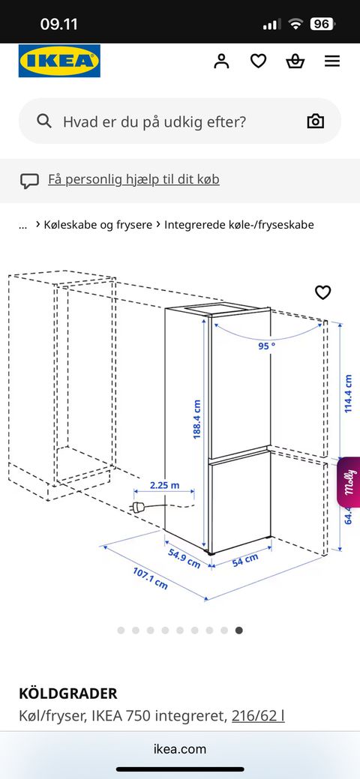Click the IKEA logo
pyautogui.click(x=59, y=61)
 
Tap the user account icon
pyautogui.click(x=221, y=61)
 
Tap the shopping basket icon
pyautogui.click(x=295, y=61)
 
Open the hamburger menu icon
pyautogui.click(x=332, y=61)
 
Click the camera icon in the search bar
pyautogui.click(x=315, y=121)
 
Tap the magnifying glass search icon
pyautogui.click(x=44, y=121)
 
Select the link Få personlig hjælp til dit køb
pyautogui.click(x=133, y=179)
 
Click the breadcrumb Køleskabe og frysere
pyautogui.click(x=98, y=225)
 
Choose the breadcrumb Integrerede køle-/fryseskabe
pyautogui.click(x=239, y=225)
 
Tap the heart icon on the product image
pyautogui.click(x=322, y=292)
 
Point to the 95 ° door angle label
pyautogui.click(x=266, y=346)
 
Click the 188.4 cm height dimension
pyautogui.click(x=197, y=420)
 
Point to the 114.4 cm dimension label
pyautogui.click(x=348, y=394)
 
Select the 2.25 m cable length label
pyautogui.click(x=164, y=485)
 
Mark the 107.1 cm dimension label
pyautogui.click(x=150, y=578)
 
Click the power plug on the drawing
pyautogui.click(x=139, y=508)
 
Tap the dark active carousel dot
pyautogui.click(x=239, y=631)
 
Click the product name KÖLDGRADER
pyautogui.click(x=68, y=693)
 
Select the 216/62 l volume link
pyautogui.click(x=258, y=716)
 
